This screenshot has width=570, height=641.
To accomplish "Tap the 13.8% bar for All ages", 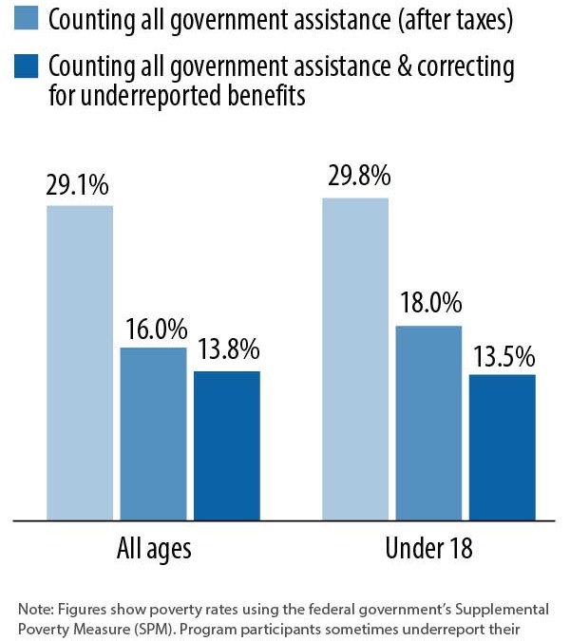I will pyautogui.click(x=227, y=445).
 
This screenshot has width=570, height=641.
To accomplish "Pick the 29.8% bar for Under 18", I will pyautogui.click(x=355, y=359).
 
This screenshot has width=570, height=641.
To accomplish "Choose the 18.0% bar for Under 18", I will pyautogui.click(x=428, y=423).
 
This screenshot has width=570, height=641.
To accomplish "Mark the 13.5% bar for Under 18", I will pyautogui.click(x=503, y=447).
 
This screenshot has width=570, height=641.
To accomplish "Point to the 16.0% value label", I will pyautogui.click(x=154, y=329).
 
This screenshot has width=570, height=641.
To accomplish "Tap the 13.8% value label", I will pyautogui.click(x=228, y=350).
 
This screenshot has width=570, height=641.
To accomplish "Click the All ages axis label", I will pyautogui.click(x=154, y=550).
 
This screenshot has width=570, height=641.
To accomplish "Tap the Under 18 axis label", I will pyautogui.click(x=428, y=550).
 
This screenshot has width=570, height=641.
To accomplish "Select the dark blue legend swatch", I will pyautogui.click(x=26, y=66).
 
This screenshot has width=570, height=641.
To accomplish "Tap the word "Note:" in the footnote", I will pyautogui.click(x=35, y=608).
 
